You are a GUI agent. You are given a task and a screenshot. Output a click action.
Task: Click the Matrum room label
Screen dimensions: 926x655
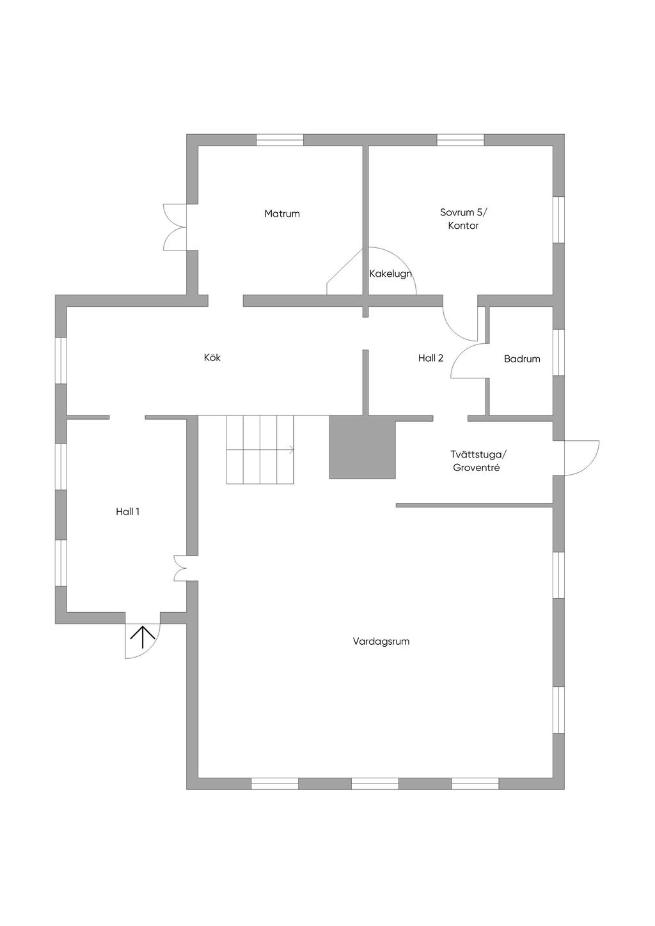click(x=282, y=213)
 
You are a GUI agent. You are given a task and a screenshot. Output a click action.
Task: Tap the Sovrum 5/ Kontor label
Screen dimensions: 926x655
click(x=463, y=219)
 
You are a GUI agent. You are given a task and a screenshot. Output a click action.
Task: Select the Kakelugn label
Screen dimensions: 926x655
click(x=390, y=274)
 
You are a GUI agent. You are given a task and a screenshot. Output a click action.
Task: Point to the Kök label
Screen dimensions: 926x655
click(x=212, y=358)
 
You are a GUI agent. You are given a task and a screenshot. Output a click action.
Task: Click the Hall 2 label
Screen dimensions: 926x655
click(x=430, y=359)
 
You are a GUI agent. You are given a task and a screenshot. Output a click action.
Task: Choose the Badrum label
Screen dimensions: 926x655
click(x=522, y=359)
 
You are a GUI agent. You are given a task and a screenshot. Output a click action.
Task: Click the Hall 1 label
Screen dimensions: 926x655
click(x=127, y=512)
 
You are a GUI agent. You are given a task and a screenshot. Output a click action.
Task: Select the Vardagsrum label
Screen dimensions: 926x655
click(x=381, y=642)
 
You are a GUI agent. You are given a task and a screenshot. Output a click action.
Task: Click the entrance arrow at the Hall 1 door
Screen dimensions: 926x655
click(x=142, y=637)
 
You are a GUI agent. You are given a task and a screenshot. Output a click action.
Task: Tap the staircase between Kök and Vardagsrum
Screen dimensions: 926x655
click(x=260, y=449)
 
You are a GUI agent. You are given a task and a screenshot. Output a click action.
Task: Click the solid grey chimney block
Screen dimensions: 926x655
click(x=362, y=448)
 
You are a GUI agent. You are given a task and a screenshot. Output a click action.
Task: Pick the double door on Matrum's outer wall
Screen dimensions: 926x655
click(x=175, y=227)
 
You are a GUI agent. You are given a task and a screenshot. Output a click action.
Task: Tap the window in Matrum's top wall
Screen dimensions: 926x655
click(x=280, y=140)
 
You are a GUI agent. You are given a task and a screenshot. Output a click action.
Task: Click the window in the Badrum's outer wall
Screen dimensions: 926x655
click(x=558, y=352)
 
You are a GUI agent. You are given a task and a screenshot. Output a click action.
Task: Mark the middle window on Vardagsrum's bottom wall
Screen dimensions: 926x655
click(x=375, y=783)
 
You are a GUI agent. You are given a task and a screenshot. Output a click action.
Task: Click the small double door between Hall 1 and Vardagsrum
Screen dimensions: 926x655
click(x=180, y=568)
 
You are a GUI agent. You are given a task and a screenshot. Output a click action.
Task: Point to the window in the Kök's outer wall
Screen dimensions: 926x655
click(x=61, y=360)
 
